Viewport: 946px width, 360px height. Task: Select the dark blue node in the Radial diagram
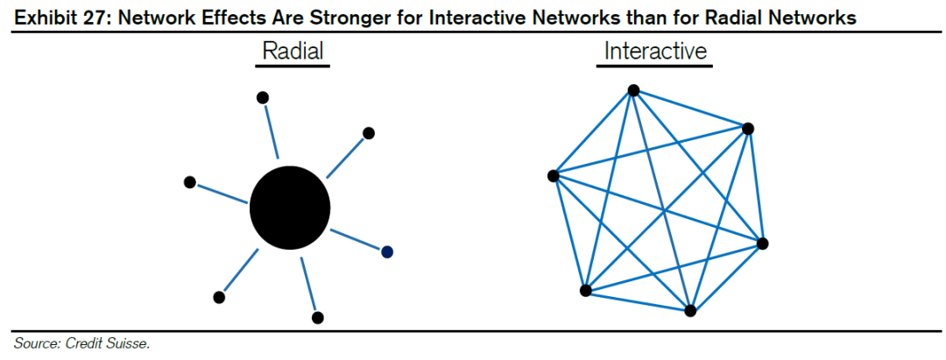(386, 251)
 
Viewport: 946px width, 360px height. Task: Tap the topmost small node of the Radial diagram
(262, 97)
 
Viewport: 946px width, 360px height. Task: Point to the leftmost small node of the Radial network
(189, 181)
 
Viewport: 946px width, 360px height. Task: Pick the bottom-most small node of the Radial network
(318, 317)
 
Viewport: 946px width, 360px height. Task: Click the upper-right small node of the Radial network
(369, 133)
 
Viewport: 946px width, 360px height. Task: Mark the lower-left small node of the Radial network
(219, 297)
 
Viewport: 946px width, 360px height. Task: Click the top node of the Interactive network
(633, 89)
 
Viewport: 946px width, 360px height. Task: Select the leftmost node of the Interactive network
(553, 175)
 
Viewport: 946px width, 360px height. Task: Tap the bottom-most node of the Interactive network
(690, 310)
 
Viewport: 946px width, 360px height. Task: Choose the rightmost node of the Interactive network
(762, 243)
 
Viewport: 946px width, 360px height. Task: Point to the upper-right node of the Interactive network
(747, 128)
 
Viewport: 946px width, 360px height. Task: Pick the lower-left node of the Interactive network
(585, 290)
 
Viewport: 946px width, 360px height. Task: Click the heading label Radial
(293, 52)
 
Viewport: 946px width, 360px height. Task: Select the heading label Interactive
(655, 52)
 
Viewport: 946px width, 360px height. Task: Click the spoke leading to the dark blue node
(355, 237)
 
